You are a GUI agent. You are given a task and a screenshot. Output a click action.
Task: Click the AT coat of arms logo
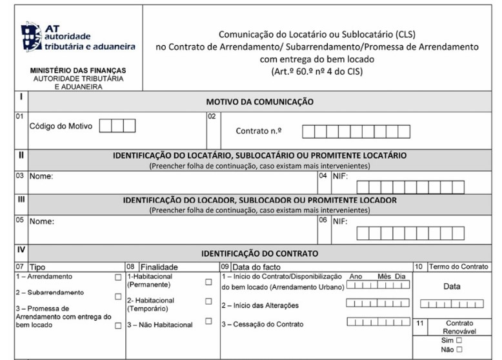32,37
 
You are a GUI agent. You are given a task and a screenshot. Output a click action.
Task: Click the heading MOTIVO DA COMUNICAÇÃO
259,102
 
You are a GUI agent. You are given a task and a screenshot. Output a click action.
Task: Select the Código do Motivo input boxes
117,126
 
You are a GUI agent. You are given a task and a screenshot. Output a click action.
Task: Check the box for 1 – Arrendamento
117,277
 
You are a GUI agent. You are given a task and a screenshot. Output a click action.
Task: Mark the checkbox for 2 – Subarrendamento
117,297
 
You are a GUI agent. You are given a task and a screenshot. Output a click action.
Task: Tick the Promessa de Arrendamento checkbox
117,326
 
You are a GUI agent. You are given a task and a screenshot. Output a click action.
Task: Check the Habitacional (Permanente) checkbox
208,282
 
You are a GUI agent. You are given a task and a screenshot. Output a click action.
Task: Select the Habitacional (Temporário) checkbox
208,301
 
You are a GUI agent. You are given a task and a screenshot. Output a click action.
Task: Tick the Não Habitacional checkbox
208,321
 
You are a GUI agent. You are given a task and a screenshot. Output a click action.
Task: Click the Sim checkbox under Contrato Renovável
459,340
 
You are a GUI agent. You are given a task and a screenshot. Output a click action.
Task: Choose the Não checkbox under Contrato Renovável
459,350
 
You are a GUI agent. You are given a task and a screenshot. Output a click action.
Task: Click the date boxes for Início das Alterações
377,303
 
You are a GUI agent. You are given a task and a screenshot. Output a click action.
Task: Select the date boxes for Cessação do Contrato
377,322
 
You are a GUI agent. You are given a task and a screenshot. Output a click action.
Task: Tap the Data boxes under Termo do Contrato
451,304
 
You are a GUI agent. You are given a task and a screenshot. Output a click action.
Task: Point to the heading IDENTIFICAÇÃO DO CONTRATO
259,254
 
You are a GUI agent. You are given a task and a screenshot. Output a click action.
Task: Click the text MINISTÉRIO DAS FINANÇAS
78,70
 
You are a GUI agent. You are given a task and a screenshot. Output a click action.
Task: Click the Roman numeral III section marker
21,199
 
